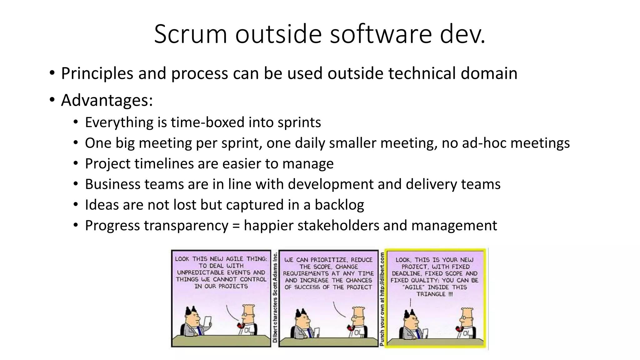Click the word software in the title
(x=381, y=34)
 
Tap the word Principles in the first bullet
(x=97, y=74)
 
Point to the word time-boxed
(x=207, y=122)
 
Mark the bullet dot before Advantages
(x=52, y=101)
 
